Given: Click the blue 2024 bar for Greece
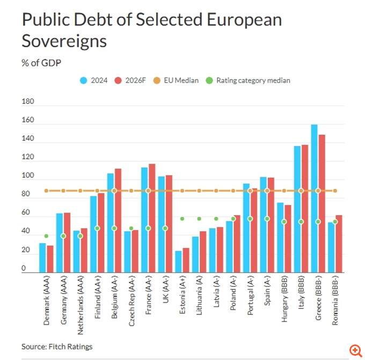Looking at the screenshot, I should [x=314, y=199].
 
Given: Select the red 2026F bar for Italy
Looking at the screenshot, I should [x=304, y=209].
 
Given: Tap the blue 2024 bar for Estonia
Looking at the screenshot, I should [x=178, y=262].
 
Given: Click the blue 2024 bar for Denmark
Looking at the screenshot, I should [x=42, y=258].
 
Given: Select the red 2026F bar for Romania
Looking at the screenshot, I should [x=338, y=244].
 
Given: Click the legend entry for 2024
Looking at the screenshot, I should [x=94, y=80].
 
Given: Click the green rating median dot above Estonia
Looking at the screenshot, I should [x=182, y=219].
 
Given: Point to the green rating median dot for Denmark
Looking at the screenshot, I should [x=46, y=236].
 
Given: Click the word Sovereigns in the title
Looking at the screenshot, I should [x=64, y=41].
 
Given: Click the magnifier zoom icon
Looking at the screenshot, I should [x=355, y=350].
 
